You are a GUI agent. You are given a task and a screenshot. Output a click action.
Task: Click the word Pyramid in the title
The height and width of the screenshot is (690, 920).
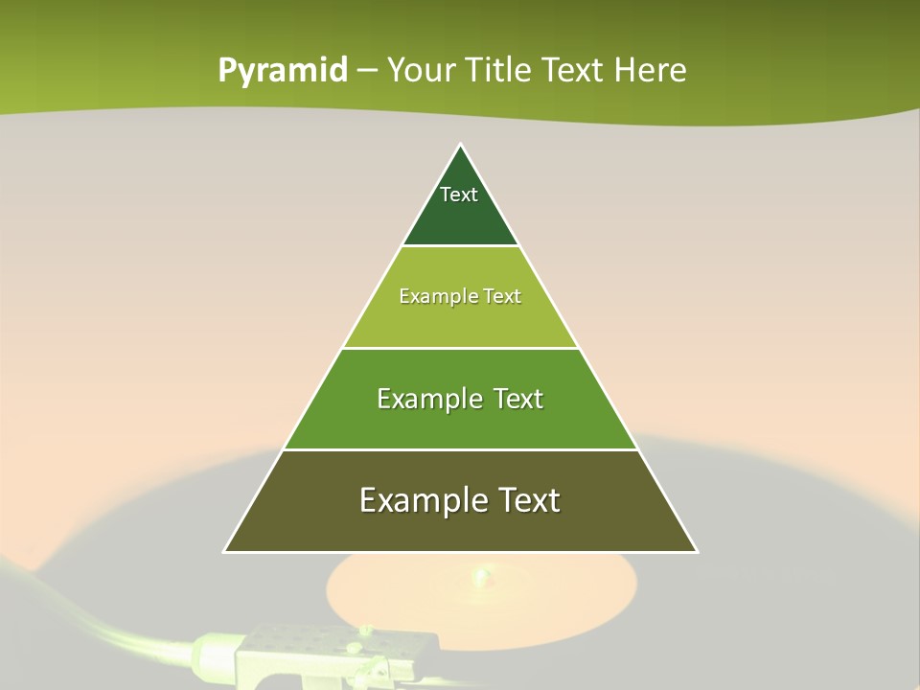283,71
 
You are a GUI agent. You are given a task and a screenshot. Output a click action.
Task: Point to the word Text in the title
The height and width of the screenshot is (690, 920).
573,70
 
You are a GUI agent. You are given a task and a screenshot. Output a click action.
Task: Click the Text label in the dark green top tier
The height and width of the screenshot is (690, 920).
459,195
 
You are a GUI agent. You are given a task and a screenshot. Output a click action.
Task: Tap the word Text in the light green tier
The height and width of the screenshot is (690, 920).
502,296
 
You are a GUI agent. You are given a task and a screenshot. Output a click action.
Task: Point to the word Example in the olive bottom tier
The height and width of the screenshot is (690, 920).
419,501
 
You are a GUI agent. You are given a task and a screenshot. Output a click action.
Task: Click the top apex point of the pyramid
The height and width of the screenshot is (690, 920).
461,146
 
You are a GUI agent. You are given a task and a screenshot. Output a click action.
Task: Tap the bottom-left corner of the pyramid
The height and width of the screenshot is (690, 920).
225,551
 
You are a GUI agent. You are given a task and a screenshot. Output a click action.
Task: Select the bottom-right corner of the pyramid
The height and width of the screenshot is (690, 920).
697,551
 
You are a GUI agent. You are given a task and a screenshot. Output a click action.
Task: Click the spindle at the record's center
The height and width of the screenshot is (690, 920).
480,576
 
